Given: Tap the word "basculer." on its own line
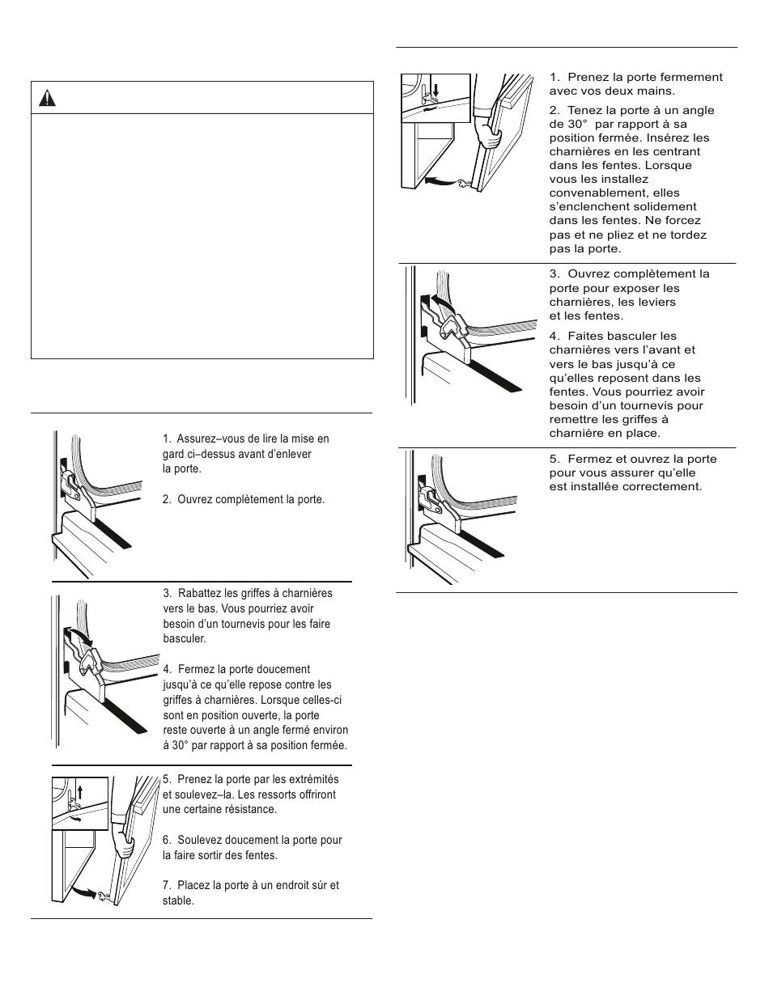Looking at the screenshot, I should point(185,638).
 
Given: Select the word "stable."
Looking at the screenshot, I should point(178,900).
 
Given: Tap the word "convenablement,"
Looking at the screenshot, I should point(590,193).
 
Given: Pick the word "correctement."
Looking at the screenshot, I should point(663,486).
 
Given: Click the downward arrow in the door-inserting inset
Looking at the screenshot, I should point(434,87).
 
